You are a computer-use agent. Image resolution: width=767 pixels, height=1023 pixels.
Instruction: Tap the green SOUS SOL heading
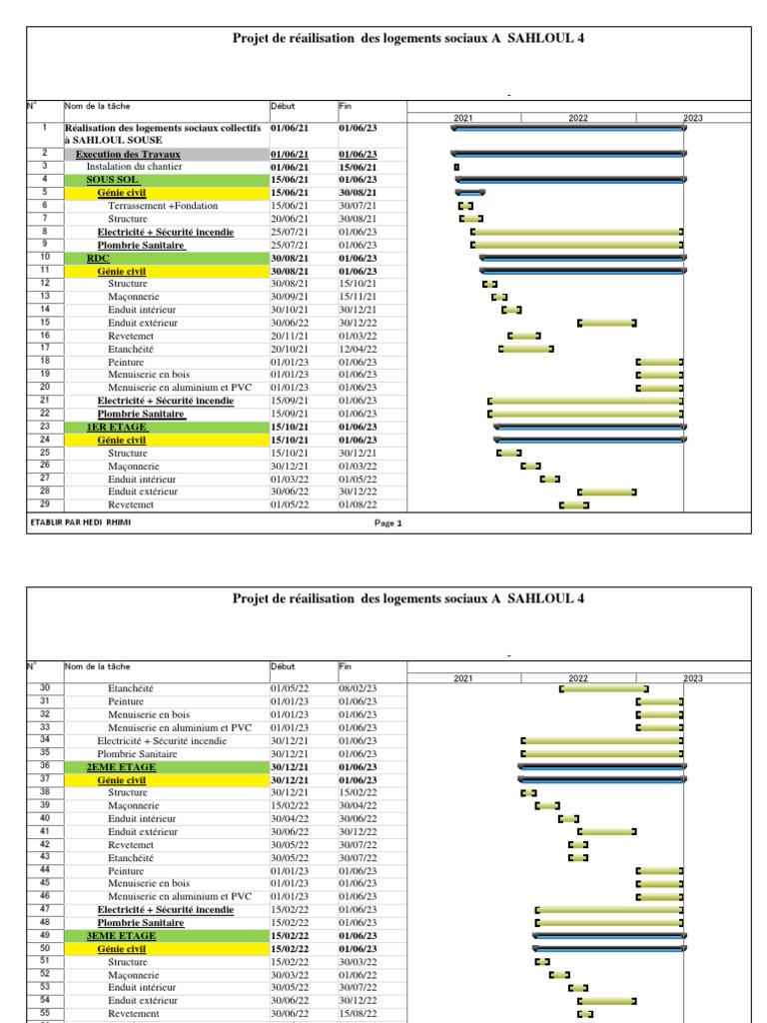pos(112,180)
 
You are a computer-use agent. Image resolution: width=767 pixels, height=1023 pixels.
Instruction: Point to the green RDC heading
pos(98,258)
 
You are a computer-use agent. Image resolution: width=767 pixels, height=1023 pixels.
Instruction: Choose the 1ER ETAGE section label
pos(117,427)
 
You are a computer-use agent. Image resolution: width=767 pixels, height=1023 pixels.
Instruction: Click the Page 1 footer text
pos(387,522)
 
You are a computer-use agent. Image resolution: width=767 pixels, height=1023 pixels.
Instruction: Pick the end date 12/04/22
pos(358,349)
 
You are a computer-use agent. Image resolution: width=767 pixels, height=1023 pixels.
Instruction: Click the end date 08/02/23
pos(358,688)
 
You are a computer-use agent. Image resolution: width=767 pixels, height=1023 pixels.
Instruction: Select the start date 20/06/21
pos(290,219)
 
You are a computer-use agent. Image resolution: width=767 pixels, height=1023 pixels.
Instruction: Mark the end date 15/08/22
pos(358,1013)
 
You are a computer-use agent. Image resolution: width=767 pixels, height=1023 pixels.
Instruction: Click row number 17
pos(45,349)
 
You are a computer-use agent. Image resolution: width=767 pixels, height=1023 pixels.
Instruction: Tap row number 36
pos(45,766)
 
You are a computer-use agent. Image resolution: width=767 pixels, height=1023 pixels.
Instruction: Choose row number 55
pos(45,1013)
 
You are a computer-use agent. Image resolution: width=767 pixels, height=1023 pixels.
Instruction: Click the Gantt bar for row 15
pos(607,323)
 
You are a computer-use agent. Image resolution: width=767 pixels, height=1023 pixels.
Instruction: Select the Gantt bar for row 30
pos(604,688)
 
